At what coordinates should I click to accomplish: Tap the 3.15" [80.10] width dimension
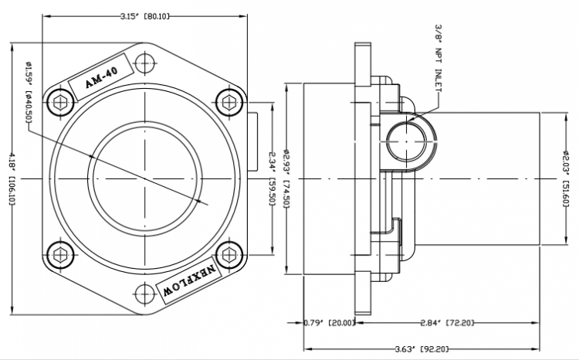pyautogui.click(x=145, y=15)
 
